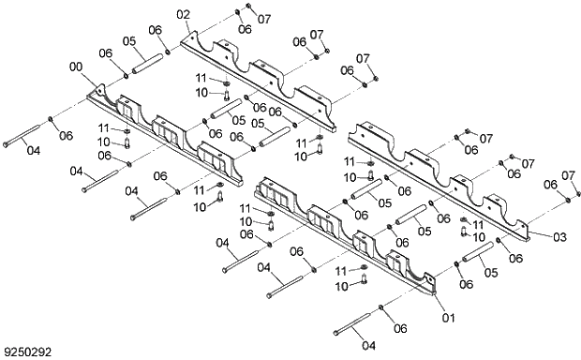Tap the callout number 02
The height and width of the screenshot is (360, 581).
[x=183, y=14]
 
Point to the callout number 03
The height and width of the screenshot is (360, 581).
[x=559, y=236]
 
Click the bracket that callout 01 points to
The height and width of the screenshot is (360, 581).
[x=347, y=234]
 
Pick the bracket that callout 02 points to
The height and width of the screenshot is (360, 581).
[x=262, y=75]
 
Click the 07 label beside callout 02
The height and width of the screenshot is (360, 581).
[x=263, y=18]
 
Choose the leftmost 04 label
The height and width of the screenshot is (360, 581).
[x=33, y=149]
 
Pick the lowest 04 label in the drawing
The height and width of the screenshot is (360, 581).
[x=366, y=344]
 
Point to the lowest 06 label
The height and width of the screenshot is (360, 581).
[x=398, y=327]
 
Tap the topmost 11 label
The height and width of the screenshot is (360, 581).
[x=201, y=76]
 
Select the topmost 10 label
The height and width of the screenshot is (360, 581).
[x=201, y=92]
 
